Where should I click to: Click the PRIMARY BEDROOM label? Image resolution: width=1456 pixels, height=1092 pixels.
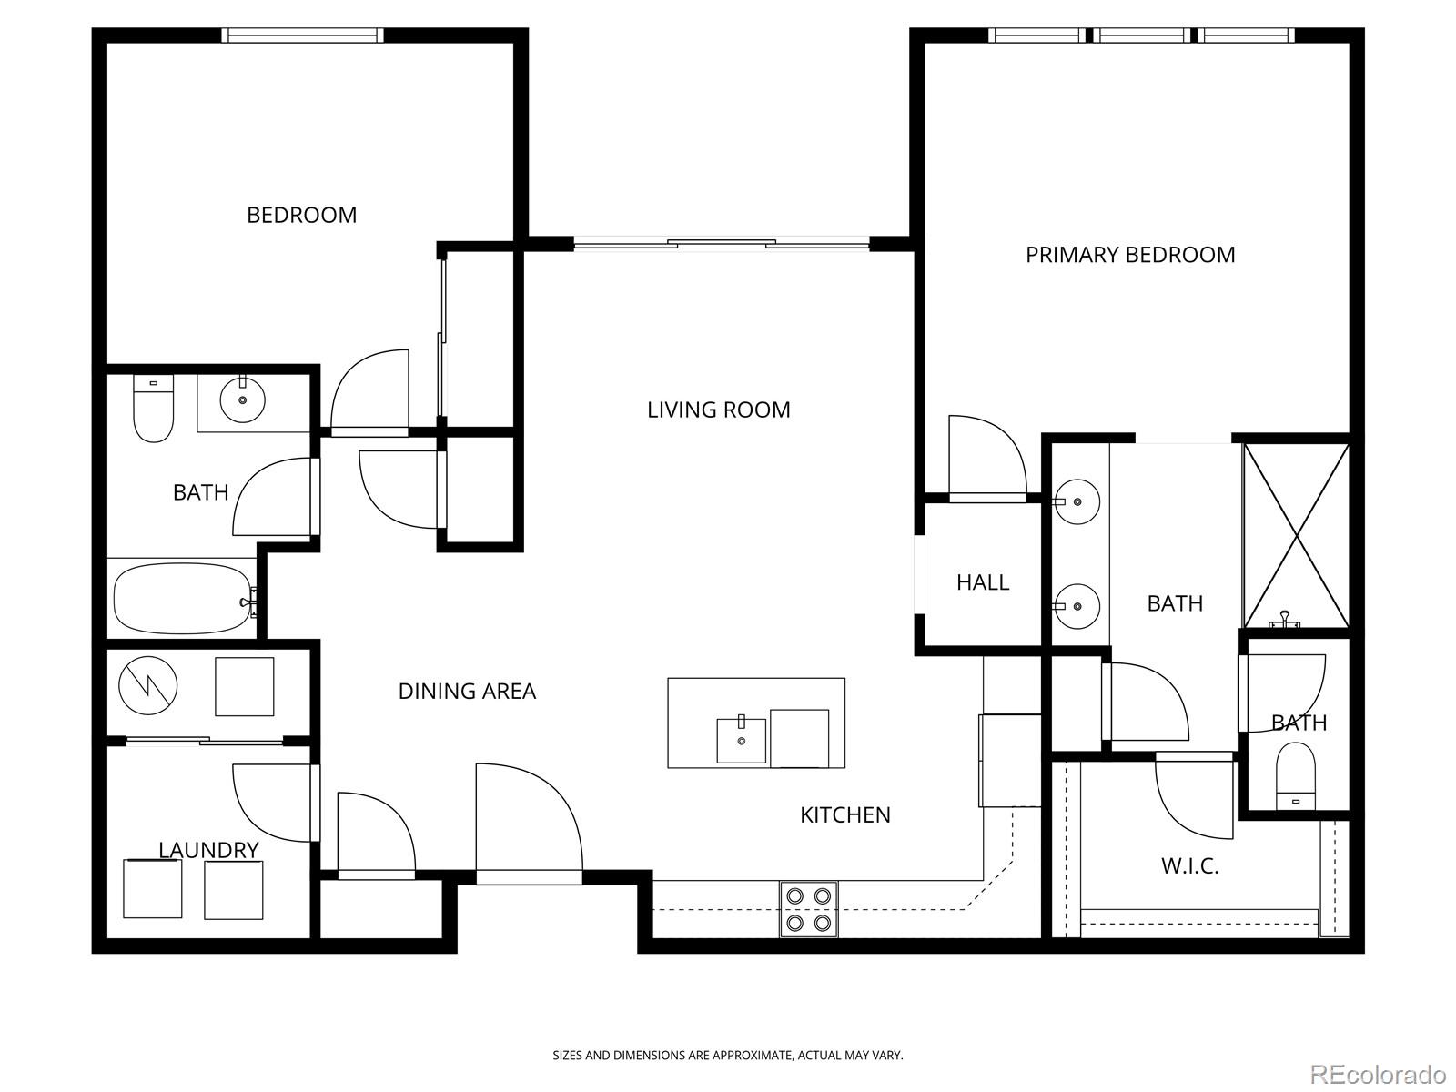tap(1130, 255)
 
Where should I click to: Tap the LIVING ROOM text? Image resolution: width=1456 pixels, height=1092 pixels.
tap(718, 409)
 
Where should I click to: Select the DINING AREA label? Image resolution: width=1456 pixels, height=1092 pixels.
tap(467, 691)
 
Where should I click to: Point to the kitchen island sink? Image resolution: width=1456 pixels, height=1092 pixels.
tap(741, 740)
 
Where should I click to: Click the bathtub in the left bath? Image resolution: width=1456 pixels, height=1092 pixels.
tap(182, 599)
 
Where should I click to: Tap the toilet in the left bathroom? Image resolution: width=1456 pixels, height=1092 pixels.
tap(153, 409)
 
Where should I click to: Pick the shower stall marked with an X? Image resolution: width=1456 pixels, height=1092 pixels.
tap(1296, 535)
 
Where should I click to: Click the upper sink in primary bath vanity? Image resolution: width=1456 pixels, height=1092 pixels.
tap(1077, 501)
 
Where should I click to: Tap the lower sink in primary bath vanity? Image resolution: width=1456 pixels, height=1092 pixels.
tap(1077, 605)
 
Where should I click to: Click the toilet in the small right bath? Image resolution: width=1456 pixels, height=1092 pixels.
tap(1296, 773)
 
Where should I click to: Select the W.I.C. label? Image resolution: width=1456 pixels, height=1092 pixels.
tap(1189, 865)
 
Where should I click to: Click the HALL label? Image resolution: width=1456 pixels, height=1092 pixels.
tap(982, 582)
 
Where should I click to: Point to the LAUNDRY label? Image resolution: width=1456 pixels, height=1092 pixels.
tap(208, 850)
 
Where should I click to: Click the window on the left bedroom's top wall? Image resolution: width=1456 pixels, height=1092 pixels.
tap(302, 35)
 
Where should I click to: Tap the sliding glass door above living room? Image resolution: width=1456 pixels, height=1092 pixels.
tap(721, 243)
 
